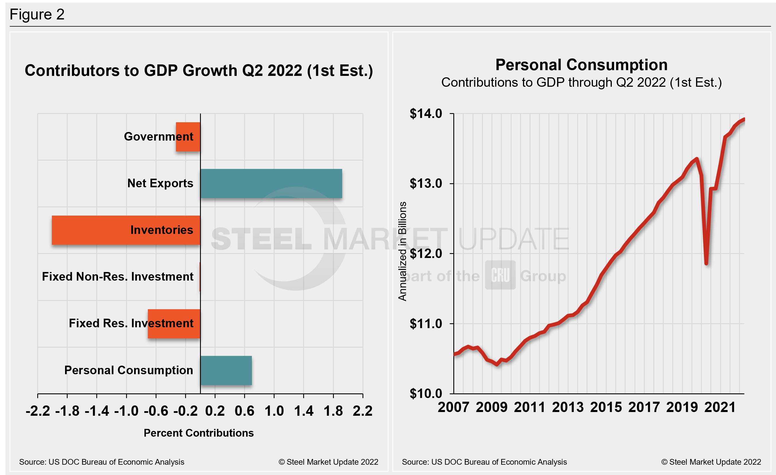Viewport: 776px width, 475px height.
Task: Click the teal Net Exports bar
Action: click(x=271, y=184)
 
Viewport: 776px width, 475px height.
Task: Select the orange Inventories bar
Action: click(x=126, y=230)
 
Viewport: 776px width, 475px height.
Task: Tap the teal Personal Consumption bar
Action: click(x=226, y=370)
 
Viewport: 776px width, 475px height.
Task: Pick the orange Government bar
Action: click(x=188, y=137)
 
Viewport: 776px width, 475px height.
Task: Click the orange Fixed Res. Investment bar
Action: click(x=174, y=324)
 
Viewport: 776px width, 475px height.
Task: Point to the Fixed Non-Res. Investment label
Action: click(x=117, y=277)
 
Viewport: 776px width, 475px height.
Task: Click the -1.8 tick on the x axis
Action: click(x=67, y=411)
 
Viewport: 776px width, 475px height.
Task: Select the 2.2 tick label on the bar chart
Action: click(x=362, y=411)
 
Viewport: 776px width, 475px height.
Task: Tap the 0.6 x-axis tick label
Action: click(x=244, y=411)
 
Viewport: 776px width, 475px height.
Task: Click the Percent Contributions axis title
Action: click(x=198, y=433)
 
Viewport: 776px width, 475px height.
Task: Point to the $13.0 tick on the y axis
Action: click(x=426, y=184)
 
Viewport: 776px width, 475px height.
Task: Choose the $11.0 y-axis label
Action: click(x=426, y=324)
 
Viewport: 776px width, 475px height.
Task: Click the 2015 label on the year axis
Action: click(x=606, y=407)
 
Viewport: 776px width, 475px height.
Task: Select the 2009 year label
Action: click(x=492, y=407)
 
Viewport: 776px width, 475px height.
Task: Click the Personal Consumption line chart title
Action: click(x=581, y=65)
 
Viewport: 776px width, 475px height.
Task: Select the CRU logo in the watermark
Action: click(x=500, y=275)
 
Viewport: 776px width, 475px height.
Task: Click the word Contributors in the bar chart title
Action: click(x=72, y=70)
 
